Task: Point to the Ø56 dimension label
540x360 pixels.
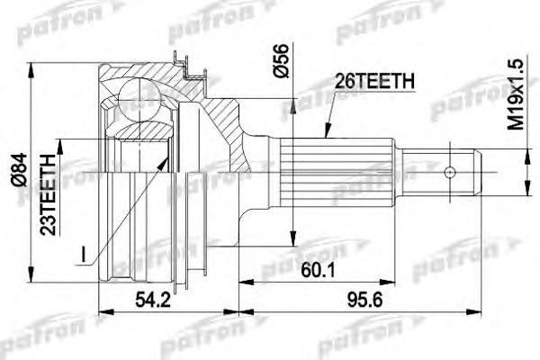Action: pyautogui.click(x=282, y=62)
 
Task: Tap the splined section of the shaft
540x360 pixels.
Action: pyautogui.click(x=337, y=171)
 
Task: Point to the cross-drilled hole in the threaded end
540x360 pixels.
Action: pyautogui.click(x=450, y=170)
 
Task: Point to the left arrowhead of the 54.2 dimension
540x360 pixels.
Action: pyautogui.click(x=100, y=313)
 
